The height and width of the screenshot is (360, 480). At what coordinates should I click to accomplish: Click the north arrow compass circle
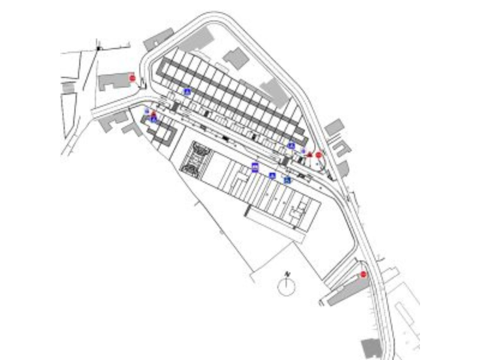[285, 286]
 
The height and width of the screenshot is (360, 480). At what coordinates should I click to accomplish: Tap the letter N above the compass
[286, 273]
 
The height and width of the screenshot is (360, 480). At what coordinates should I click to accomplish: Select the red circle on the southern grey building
[363, 274]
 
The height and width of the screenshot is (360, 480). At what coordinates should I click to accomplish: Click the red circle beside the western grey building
[132, 77]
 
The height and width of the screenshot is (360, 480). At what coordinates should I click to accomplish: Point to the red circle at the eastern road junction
[318, 155]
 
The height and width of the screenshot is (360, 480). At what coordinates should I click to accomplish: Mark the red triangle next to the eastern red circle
[309, 154]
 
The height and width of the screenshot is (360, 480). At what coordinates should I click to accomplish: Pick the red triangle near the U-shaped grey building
[154, 113]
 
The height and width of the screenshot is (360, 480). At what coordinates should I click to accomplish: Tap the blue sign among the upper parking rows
[187, 91]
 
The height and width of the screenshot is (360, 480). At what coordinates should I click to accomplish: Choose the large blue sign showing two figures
[255, 169]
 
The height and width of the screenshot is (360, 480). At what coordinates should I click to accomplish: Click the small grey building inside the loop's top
[236, 58]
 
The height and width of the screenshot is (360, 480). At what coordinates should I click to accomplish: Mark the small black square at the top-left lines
[98, 48]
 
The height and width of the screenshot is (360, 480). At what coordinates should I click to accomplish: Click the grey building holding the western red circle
[115, 81]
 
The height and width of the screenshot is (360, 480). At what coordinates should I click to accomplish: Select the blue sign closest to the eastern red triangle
[291, 145]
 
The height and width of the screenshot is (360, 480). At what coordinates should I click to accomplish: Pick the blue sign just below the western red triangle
[154, 120]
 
